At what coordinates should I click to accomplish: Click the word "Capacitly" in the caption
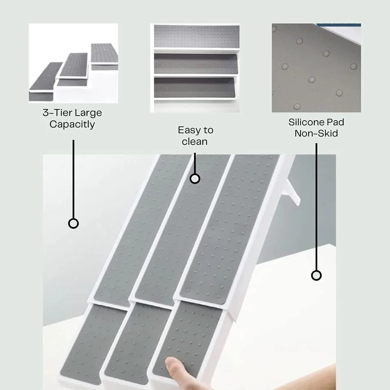click(x=72, y=124)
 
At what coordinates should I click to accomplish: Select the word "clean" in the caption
click(x=195, y=142)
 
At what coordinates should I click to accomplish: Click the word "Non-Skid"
click(x=316, y=133)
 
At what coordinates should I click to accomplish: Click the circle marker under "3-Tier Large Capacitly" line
click(x=73, y=224)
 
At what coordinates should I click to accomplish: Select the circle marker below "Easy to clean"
click(x=195, y=179)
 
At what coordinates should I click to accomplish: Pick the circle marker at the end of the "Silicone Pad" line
click(x=316, y=275)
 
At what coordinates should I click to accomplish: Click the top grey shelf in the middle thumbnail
click(x=197, y=36)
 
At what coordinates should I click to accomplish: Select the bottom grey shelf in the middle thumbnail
click(x=195, y=87)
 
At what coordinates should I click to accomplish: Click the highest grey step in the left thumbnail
click(x=104, y=53)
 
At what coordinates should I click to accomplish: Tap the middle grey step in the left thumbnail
click(x=74, y=65)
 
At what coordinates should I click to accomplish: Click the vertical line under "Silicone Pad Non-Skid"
click(x=316, y=207)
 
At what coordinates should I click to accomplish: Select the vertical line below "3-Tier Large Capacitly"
click(x=73, y=179)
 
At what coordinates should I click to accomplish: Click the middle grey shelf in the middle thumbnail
click(x=196, y=64)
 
